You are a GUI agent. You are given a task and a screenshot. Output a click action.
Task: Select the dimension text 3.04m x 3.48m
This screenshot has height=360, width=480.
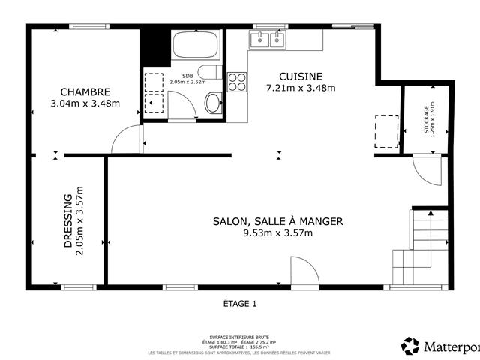click(x=85, y=103)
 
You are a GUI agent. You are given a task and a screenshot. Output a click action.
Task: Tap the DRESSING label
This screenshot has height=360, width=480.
click(x=67, y=221)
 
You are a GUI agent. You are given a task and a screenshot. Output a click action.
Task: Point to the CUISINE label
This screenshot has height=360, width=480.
click(x=301, y=76)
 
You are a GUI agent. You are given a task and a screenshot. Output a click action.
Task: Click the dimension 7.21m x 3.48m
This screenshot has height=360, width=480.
click(x=301, y=88)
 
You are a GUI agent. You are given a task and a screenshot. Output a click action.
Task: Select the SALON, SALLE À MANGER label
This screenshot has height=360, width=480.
click(x=277, y=221)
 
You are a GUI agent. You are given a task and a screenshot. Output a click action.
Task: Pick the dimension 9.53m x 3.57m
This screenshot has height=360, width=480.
click(x=277, y=233)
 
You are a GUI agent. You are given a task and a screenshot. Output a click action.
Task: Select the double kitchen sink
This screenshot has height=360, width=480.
click(x=268, y=39)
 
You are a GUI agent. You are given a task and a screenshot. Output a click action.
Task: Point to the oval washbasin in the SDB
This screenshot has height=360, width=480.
click(x=213, y=103)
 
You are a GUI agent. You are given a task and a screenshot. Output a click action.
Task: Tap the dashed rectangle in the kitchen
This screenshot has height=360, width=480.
click(x=386, y=130)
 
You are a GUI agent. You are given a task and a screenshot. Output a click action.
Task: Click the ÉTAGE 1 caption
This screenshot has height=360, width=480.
click(x=240, y=304)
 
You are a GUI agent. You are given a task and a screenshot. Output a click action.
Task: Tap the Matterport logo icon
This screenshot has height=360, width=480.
click(x=410, y=346)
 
